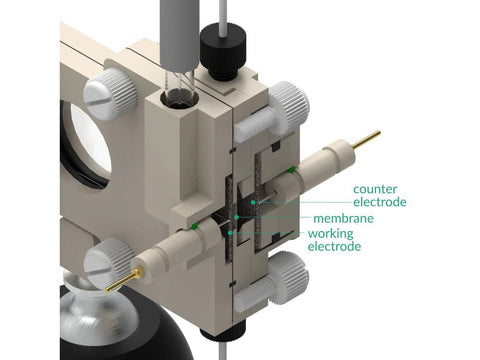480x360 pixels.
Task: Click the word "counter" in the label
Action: [375, 189]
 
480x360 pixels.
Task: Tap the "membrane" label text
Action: [343, 219]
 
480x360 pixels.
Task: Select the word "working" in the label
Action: [330, 234]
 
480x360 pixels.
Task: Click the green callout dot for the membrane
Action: [236, 217]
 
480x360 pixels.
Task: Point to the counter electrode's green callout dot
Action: [253, 202]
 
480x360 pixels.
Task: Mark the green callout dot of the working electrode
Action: [230, 232]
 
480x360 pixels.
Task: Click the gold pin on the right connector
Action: [366, 139]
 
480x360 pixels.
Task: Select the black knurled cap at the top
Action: [223, 51]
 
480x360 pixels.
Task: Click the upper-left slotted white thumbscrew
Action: [110, 96]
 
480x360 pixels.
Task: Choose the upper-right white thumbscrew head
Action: [289, 105]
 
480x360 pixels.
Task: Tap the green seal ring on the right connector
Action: [291, 170]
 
